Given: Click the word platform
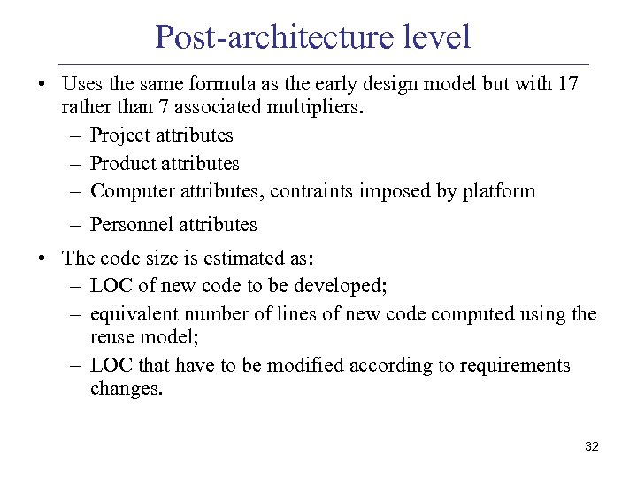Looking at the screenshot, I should pyautogui.click(x=499, y=190).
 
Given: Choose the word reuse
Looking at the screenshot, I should pyautogui.click(x=111, y=337).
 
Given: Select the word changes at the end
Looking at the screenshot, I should pyautogui.click(x=126, y=389).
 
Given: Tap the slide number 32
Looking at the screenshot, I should pyautogui.click(x=591, y=447).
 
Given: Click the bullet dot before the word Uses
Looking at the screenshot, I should pyautogui.click(x=42, y=85).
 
